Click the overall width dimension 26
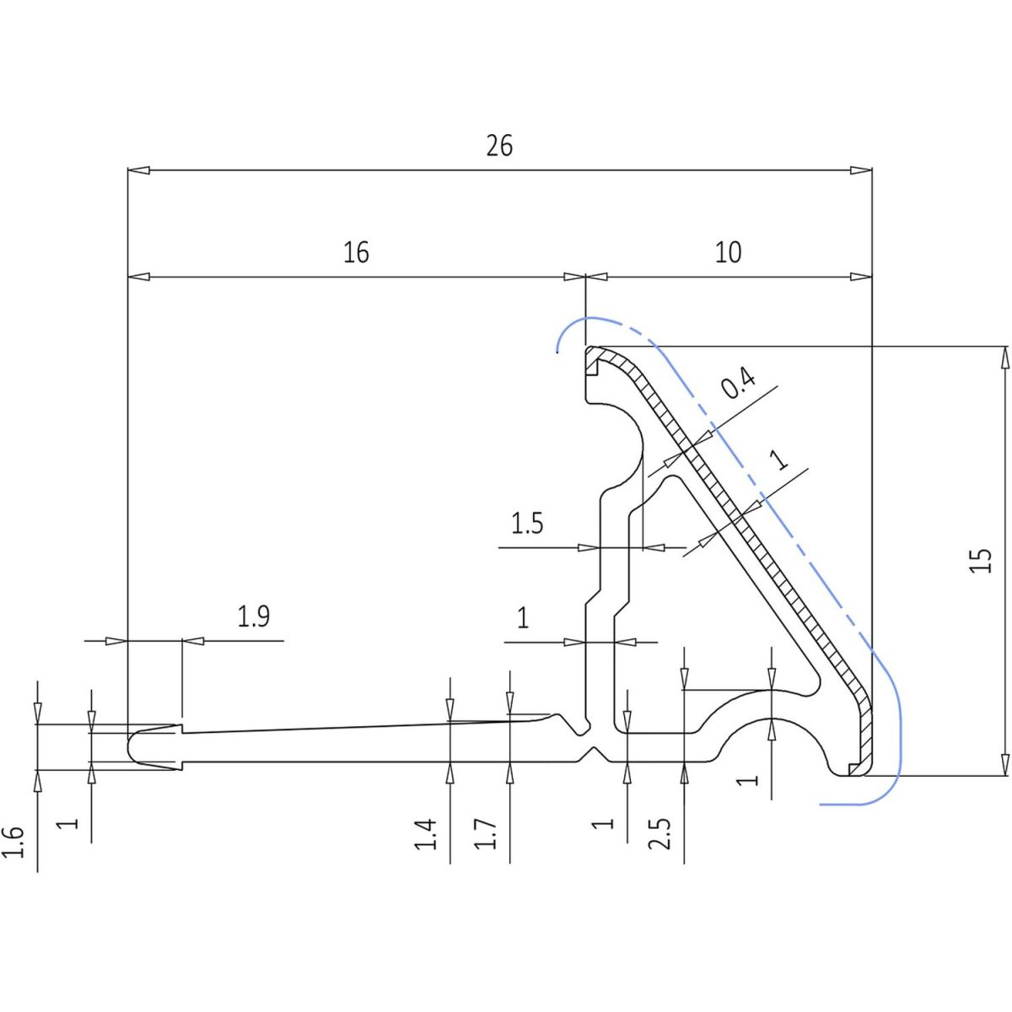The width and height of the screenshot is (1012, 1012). tap(499, 147)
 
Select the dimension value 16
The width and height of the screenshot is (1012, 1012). tap(356, 252)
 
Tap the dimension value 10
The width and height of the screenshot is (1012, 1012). tap(728, 252)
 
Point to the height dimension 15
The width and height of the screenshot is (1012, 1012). tap(981, 561)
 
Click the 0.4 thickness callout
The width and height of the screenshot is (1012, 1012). tap(738, 385)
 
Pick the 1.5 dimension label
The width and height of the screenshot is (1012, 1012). tap(527, 525)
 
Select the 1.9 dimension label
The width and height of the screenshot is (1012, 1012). tap(253, 617)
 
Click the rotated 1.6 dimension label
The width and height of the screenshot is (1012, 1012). tap(14, 842)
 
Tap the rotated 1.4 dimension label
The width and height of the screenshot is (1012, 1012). tap(428, 834)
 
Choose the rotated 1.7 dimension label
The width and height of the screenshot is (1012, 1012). tap(487, 834)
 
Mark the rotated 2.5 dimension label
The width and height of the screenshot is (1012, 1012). tap(661, 834)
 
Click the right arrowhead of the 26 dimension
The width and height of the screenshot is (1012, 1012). tap(862, 170)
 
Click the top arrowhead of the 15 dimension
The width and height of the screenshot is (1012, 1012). tap(1004, 357)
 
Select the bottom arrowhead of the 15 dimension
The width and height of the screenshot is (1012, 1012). tap(1004, 764)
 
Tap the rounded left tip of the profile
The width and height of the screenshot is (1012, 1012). tap(132, 746)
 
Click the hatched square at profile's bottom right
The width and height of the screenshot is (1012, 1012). tap(854, 768)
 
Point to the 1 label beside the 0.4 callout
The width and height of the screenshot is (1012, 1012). tap(780, 460)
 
